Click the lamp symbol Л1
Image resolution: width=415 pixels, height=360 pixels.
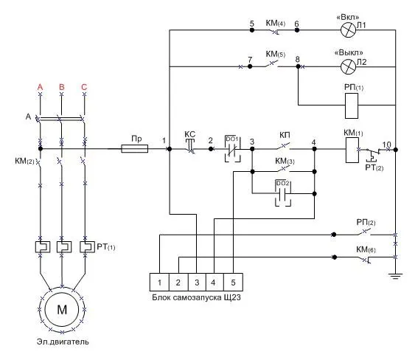click(348, 30)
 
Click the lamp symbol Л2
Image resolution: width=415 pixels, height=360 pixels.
click(348, 66)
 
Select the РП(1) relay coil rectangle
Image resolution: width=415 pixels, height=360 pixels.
click(352, 105)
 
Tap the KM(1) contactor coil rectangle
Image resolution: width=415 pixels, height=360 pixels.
click(352, 150)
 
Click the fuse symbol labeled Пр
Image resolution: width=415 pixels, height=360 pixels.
click(134, 148)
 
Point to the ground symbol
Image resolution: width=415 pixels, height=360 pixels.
click(395, 277)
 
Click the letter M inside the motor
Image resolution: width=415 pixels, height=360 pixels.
click(62, 309)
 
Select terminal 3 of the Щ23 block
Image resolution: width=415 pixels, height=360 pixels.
click(197, 283)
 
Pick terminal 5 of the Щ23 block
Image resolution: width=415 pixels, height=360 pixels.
click(233, 283)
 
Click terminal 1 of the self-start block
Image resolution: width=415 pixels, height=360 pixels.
click(159, 283)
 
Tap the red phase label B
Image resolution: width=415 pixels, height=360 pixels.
click(62, 87)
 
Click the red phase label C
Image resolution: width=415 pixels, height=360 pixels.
click(84, 87)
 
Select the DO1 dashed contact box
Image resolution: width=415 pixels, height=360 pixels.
click(233, 148)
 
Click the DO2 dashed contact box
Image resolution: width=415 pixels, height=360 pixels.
click(283, 193)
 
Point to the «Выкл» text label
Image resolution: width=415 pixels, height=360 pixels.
click(349, 52)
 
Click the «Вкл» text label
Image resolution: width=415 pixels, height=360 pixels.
click(348, 17)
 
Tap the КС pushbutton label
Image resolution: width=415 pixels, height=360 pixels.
click(189, 134)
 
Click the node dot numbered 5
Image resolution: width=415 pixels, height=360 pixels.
click(252, 30)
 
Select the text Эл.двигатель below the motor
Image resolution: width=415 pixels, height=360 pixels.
click(63, 342)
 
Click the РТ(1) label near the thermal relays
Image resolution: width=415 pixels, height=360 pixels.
click(106, 247)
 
